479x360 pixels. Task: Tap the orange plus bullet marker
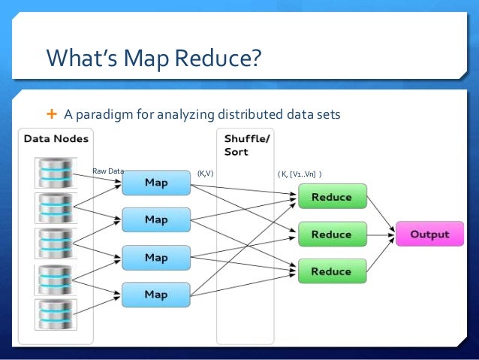tap(51, 114)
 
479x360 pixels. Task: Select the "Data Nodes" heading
tap(56, 139)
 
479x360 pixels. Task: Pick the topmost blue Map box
tap(155, 183)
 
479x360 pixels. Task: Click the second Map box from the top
tap(155, 219)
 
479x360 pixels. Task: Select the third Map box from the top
tap(155, 257)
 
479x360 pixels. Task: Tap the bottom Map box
tap(155, 294)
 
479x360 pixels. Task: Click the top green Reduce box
tap(330, 197)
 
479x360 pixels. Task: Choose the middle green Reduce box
tap(330, 234)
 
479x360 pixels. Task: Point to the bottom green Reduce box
tap(330, 271)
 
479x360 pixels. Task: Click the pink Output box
tap(429, 234)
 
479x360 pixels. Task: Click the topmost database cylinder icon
tap(56, 171)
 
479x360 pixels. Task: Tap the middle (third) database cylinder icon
tap(56, 243)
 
